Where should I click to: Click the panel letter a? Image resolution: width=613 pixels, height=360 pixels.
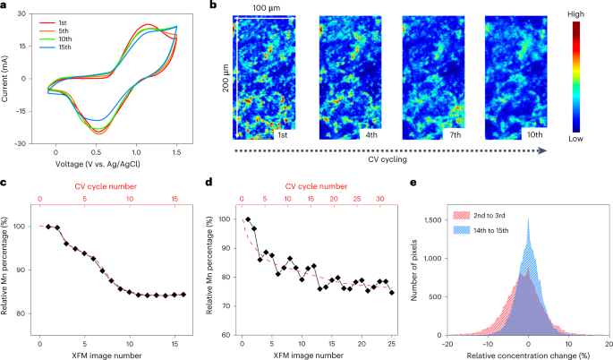pyautogui.click(x=4, y=5)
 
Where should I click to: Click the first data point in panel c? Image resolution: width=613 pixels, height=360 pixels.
pyautogui.click(x=48, y=227)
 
